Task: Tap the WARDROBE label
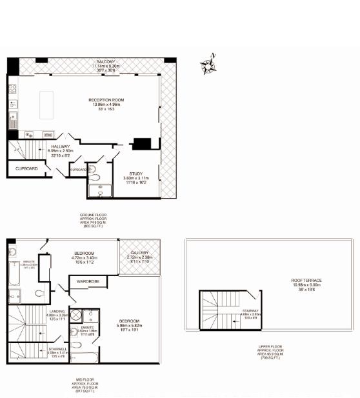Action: (87, 281)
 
